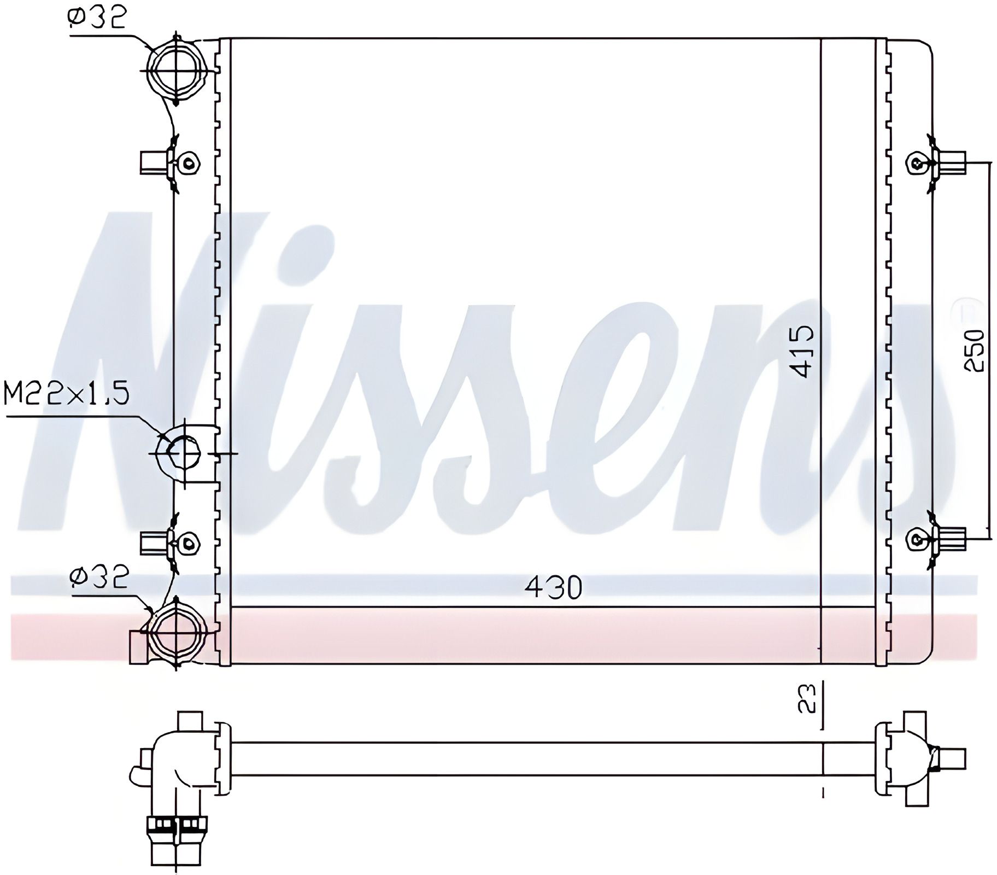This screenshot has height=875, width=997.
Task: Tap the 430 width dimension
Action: tap(553, 587)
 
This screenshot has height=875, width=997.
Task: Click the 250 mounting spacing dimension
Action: tap(974, 350)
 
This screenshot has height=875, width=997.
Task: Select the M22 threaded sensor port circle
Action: tap(179, 453)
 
